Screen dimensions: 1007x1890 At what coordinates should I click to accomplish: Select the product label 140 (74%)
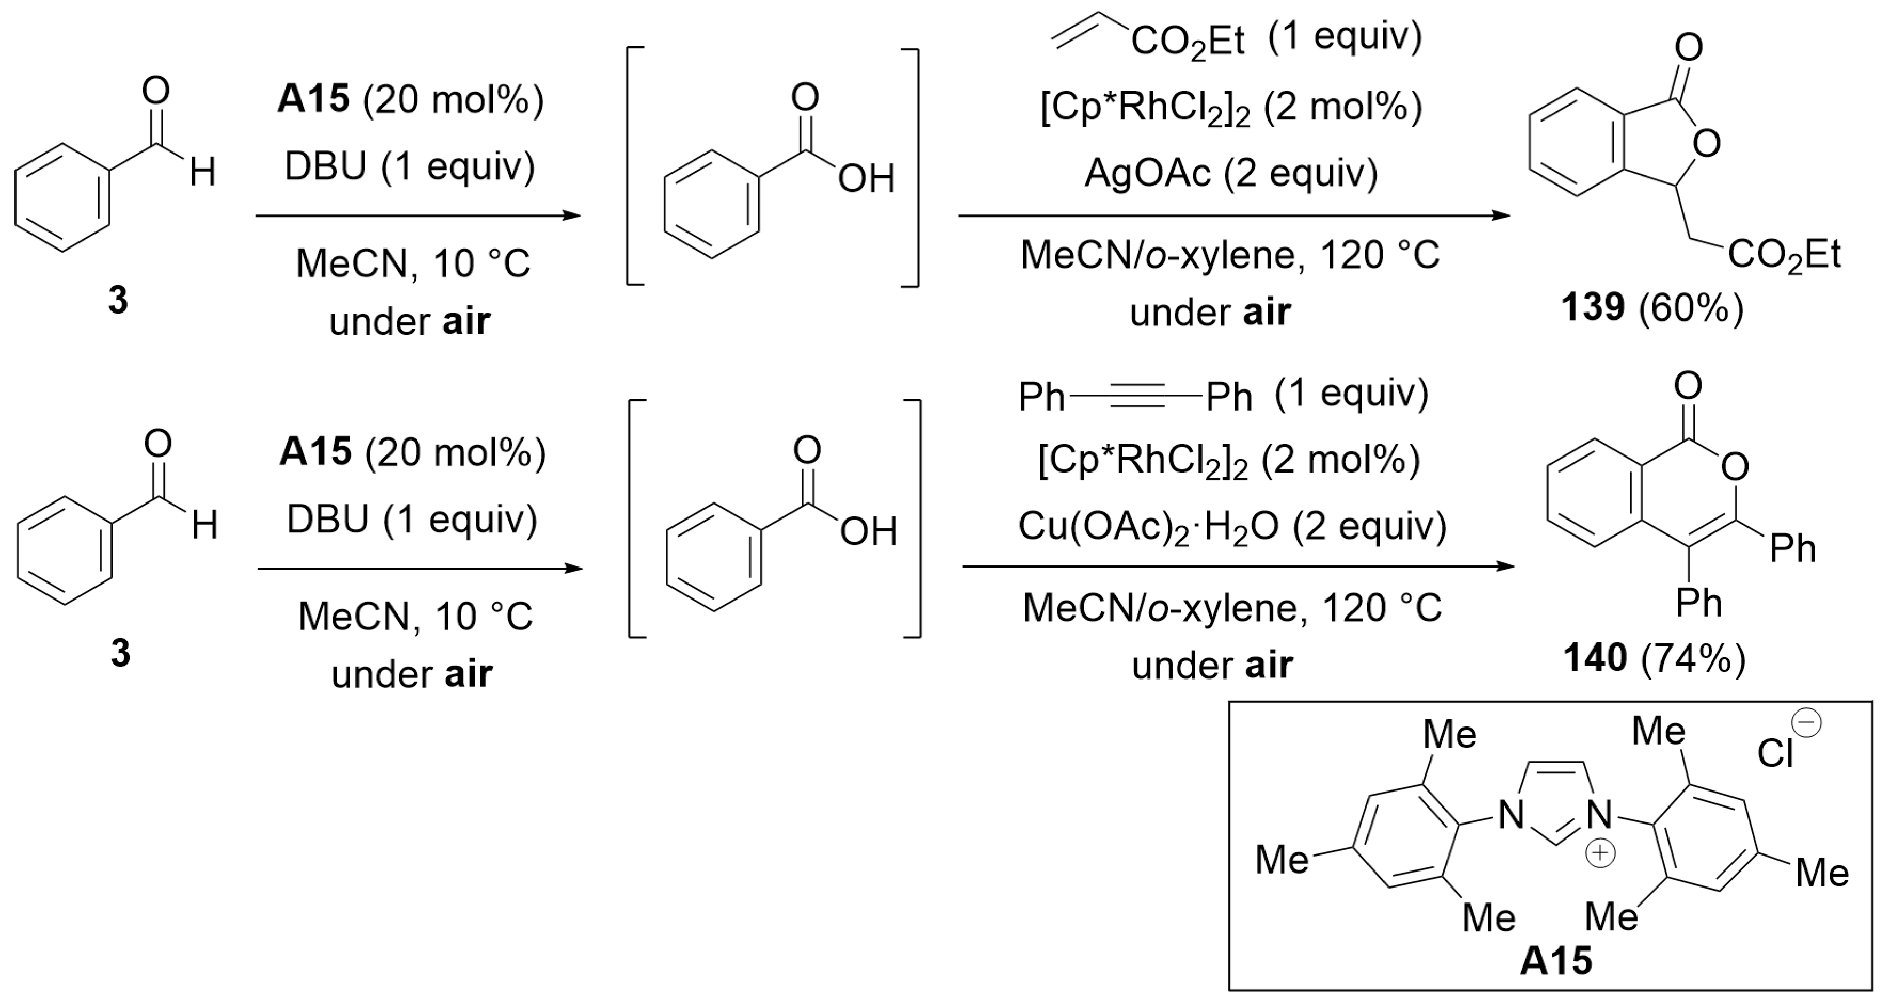[x=1655, y=658]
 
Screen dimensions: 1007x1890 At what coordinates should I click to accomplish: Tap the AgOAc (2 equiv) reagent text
[x=1231, y=173]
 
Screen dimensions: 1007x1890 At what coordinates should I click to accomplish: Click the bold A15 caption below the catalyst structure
[x=1555, y=961]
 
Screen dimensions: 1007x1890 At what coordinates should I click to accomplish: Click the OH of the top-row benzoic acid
[x=866, y=179]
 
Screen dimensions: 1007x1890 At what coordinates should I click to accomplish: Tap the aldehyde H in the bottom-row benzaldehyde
[x=205, y=526]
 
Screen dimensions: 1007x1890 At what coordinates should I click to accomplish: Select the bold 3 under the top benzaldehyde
[x=118, y=300]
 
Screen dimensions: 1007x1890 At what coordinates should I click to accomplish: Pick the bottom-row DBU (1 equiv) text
[x=413, y=520]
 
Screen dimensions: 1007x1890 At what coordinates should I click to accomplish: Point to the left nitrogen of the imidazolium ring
[x=1510, y=816]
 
